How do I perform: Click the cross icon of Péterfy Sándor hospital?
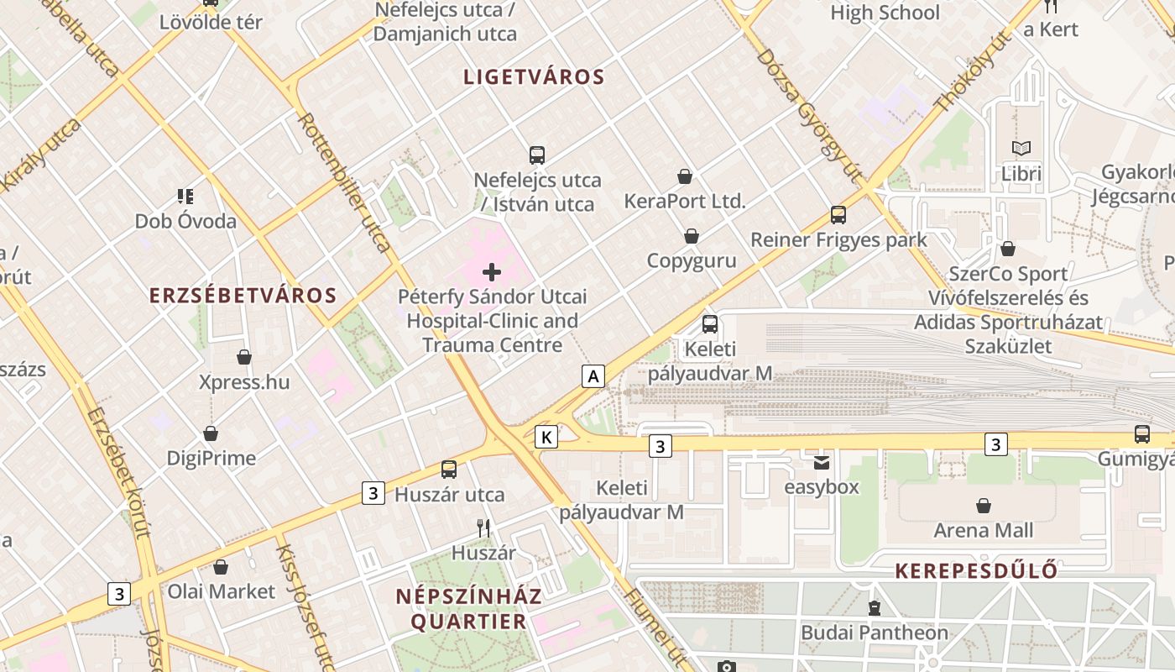coord(492,271)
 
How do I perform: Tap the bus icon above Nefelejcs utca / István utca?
coord(537,155)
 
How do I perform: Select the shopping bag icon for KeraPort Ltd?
coord(685,176)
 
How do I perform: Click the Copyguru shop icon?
coord(692,236)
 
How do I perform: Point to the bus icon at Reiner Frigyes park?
coord(838,214)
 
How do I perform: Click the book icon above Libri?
coord(1021,149)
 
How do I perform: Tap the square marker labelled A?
coord(593,376)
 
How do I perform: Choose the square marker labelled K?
coord(546,437)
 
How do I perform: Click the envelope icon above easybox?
coord(822,462)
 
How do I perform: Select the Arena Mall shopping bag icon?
coord(984,506)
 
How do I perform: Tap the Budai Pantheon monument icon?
coord(875,607)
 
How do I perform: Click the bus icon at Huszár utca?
coord(449,470)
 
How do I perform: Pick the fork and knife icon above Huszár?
coord(483,528)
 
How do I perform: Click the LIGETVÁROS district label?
coord(534,77)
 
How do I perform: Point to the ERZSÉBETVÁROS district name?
coord(243,296)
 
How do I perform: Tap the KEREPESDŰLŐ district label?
coord(976,571)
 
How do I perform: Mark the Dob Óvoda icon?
coord(185,197)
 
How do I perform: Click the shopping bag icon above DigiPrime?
coord(211,433)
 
